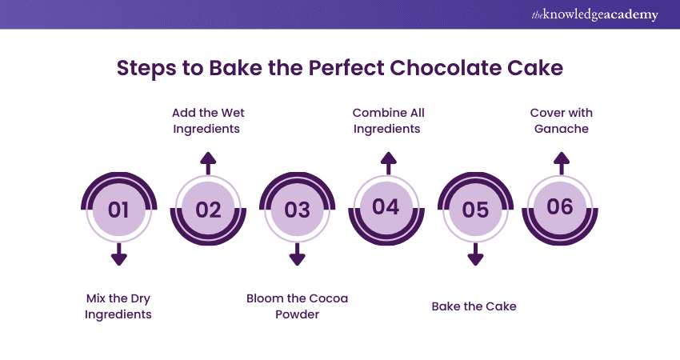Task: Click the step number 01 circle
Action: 118,210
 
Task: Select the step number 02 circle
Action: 208,210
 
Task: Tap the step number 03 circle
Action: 297,210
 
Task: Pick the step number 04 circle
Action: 386,207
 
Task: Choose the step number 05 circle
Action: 475,210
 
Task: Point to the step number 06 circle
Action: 561,207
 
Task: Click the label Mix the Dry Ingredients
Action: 118,306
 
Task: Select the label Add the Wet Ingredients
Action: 209,120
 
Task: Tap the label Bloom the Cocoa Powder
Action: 297,306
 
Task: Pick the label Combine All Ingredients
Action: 388,120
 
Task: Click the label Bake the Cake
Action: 474,306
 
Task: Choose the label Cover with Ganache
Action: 561,120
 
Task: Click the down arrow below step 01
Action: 118,254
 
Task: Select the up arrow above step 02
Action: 208,163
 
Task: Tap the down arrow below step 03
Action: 297,254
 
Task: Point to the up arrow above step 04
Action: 388,163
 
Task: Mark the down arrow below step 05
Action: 475,254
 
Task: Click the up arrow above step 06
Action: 562,163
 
